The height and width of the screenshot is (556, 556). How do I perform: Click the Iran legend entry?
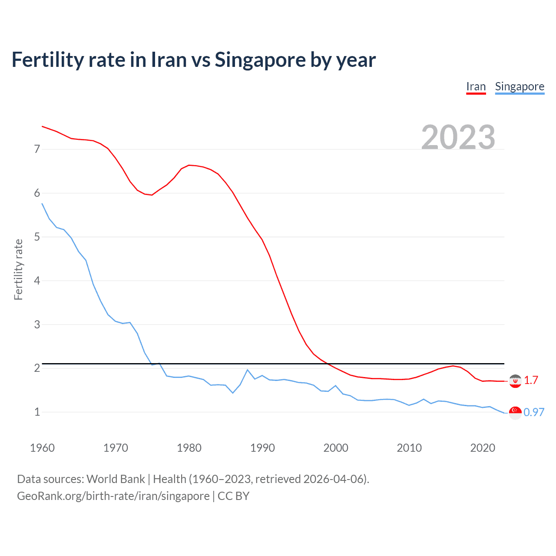476,87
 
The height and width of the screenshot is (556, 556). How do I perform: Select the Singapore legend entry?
520,87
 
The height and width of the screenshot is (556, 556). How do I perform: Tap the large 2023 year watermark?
458,137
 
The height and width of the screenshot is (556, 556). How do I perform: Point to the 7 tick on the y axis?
37,149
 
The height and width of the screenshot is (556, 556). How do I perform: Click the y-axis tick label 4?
37,281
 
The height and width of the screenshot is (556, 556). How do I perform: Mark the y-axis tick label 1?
37,412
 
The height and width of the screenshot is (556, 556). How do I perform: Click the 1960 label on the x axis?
42,448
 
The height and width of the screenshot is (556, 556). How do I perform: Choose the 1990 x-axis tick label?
262,448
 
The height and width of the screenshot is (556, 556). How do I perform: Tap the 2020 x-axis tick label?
483,448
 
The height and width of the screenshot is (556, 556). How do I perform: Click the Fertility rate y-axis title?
18,269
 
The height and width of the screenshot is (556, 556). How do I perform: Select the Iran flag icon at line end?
515,381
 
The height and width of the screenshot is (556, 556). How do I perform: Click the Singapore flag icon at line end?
515,413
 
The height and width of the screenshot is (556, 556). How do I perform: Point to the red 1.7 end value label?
531,381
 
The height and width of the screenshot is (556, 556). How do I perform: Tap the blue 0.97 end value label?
534,413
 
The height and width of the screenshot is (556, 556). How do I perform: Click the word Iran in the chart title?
169,60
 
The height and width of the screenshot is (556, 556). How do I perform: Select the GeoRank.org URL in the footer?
113,496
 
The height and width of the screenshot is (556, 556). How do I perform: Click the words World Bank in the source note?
116,479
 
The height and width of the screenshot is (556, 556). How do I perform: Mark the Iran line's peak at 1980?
189,165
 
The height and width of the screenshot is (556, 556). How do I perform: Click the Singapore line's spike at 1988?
248,370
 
